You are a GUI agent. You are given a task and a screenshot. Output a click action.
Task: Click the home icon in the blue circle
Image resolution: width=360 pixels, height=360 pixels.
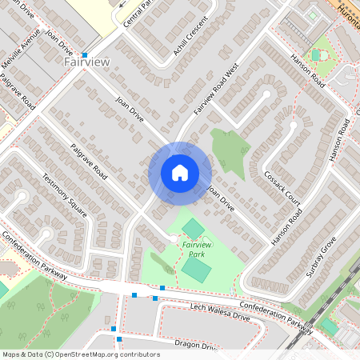point(180,173)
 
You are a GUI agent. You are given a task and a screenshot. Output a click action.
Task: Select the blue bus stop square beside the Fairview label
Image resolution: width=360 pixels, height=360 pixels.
point(84,54)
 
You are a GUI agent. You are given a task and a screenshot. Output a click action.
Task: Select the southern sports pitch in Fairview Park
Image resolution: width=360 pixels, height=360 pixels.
point(197,268)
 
